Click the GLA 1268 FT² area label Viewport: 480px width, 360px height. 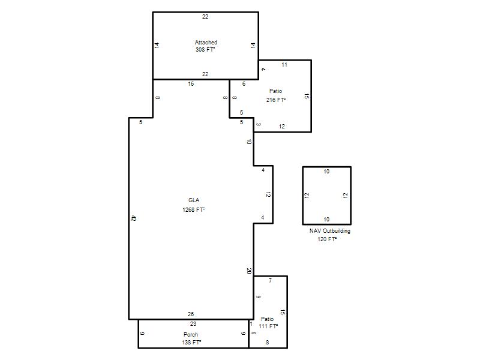(193, 205)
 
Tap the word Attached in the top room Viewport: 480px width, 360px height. (206, 42)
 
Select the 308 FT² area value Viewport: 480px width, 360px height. (205, 49)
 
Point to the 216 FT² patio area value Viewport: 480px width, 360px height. (276, 100)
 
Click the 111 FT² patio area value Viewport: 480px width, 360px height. (268, 326)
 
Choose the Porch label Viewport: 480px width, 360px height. (191, 335)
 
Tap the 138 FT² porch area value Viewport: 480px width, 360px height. (191, 342)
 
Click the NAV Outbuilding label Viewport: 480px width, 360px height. (329, 231)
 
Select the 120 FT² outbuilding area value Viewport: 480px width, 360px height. (327, 239)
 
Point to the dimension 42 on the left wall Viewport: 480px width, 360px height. (133, 218)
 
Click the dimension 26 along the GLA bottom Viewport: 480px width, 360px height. (191, 314)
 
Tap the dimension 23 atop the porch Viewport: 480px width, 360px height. (193, 324)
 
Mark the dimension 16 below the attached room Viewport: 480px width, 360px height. (191, 83)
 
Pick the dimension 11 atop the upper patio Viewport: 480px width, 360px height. (284, 65)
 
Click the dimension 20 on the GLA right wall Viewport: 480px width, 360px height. (249, 271)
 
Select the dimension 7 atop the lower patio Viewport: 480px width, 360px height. (270, 280)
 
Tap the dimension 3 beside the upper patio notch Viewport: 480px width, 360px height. (259, 124)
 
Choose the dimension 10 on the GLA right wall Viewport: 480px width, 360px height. (249, 142)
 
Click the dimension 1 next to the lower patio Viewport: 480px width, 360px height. (251, 324)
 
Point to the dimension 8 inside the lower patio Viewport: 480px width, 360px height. (267, 342)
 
